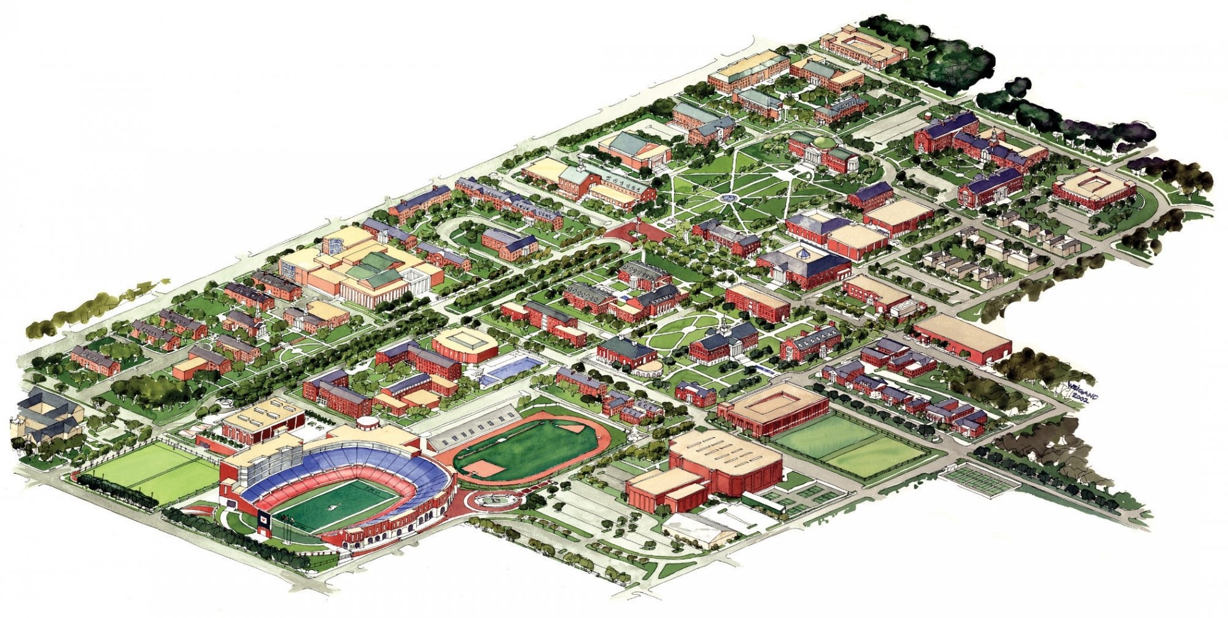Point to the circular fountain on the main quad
729,198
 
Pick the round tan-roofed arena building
465,344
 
